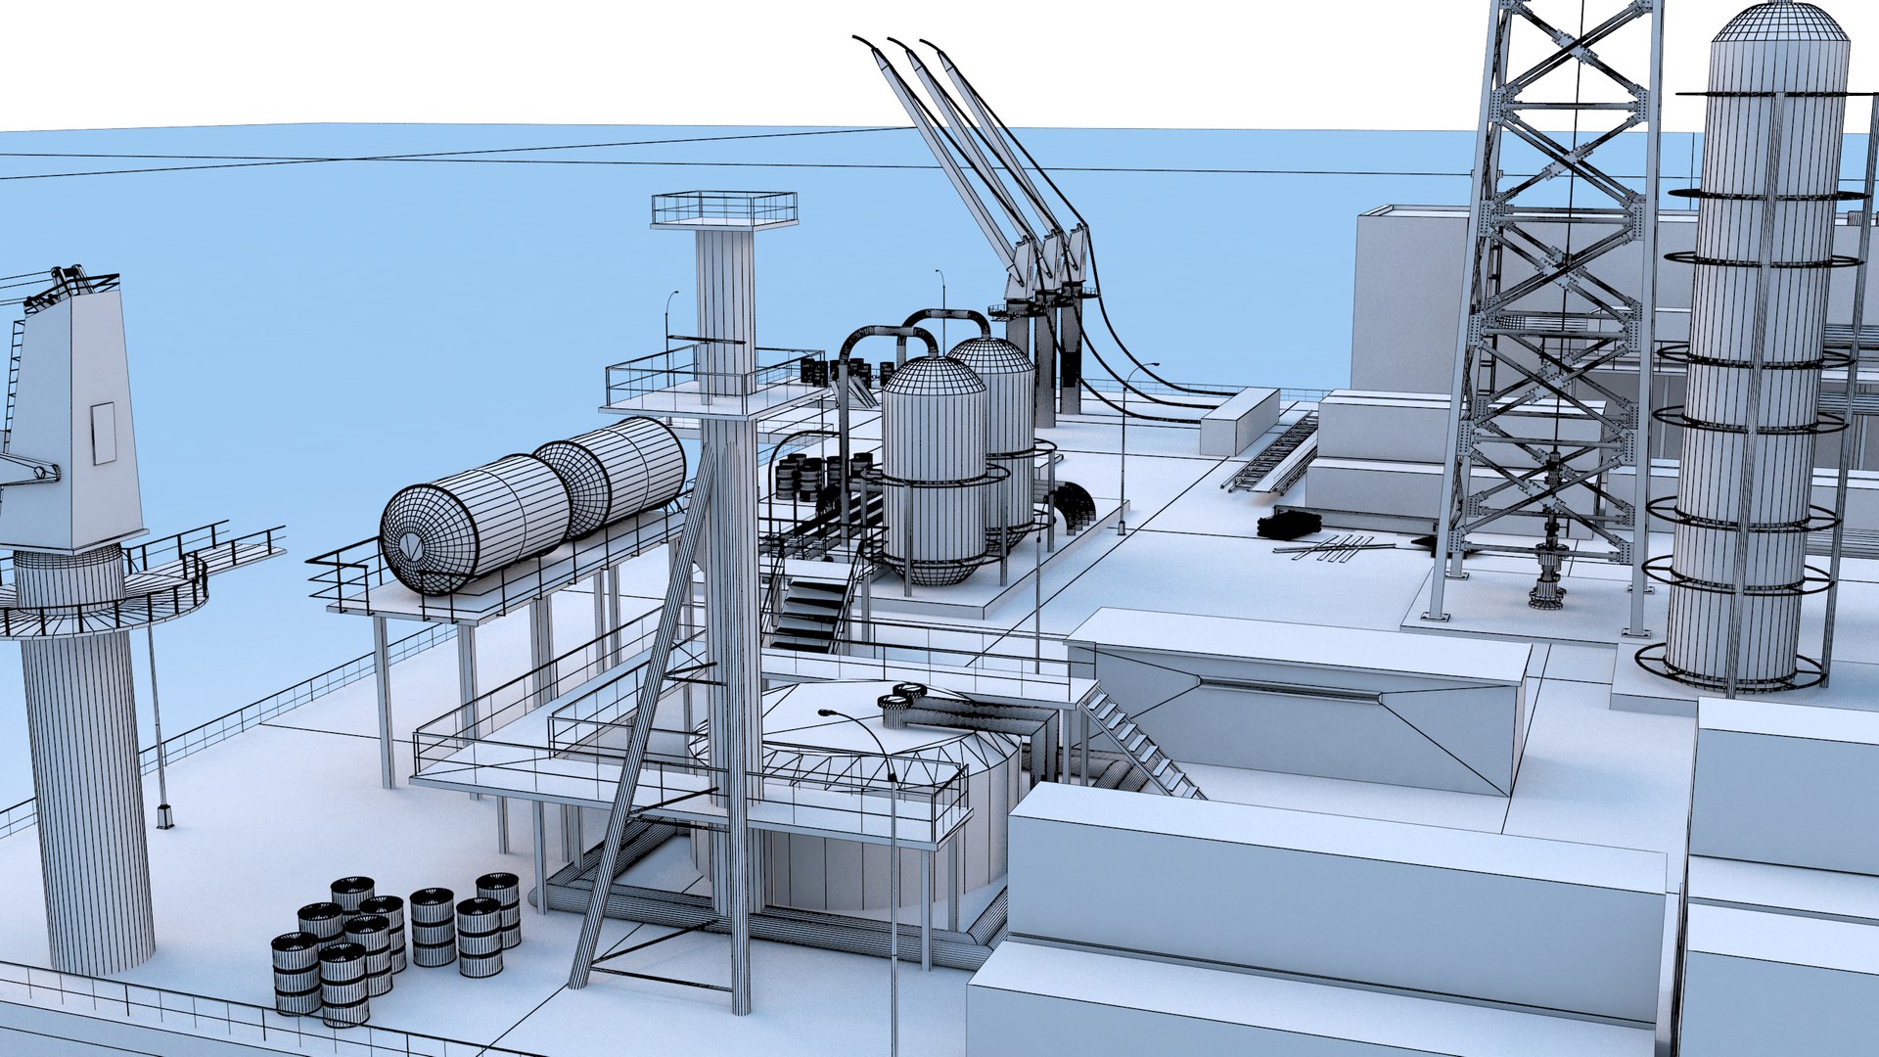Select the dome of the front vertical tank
click(933, 377)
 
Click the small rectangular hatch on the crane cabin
click(103, 433)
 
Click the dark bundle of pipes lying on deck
click(1289, 526)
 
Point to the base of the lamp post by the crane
click(164, 816)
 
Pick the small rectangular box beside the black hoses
click(1239, 420)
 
